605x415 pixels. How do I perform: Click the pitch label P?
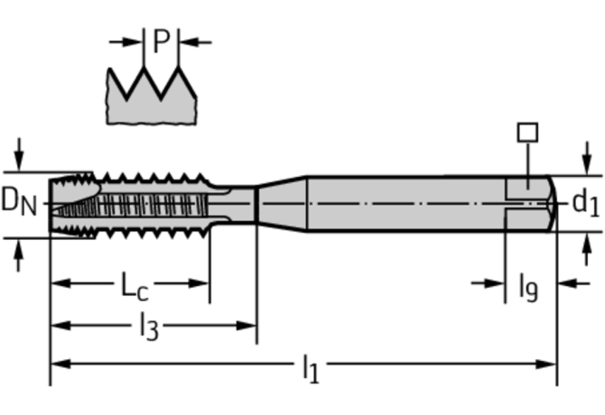(161, 41)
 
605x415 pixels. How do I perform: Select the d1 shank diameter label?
(584, 203)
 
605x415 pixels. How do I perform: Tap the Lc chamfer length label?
(135, 286)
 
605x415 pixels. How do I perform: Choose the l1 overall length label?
(310, 367)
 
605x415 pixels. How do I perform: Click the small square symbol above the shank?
(527, 133)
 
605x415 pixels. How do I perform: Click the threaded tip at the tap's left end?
(68, 204)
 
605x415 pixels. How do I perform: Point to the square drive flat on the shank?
(524, 189)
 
